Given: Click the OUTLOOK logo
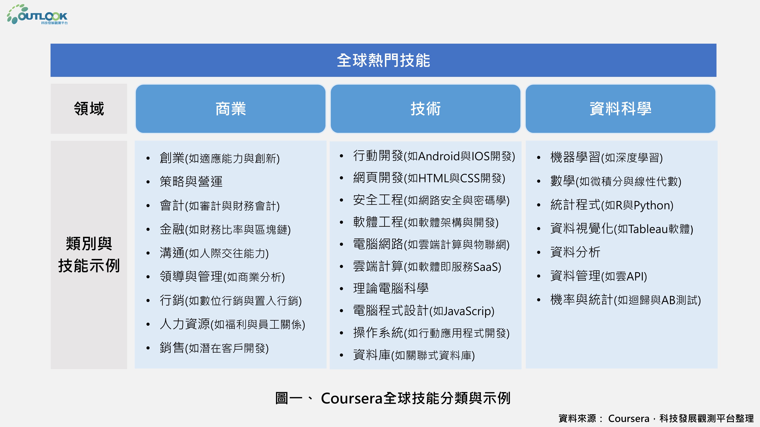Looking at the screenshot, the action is [x=37, y=14].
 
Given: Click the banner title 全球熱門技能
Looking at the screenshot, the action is [x=383, y=60].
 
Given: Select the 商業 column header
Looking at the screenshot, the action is [x=230, y=109].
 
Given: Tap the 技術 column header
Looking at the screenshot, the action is [x=425, y=109].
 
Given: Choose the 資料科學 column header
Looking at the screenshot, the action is [x=621, y=109].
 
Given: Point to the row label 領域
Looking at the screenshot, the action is [x=89, y=109].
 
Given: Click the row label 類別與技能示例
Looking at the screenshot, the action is [x=89, y=255].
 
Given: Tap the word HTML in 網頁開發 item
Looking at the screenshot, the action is [x=434, y=178].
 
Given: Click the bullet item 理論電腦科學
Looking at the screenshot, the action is [x=391, y=288].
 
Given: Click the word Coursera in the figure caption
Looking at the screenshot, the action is [x=352, y=398].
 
